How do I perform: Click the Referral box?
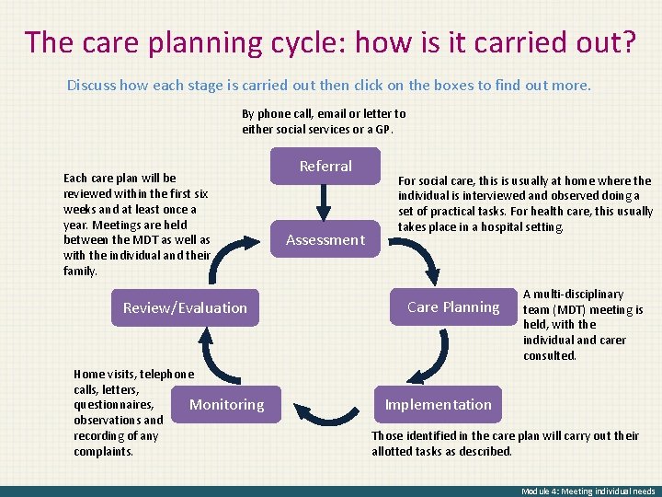pos(325,167)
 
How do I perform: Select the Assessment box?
pos(325,240)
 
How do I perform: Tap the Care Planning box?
pos(453,307)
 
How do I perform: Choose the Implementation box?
pos(439,405)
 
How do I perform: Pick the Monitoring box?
pos(226,405)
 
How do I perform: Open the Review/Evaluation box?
pos(185,308)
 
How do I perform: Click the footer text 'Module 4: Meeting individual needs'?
pos(588,491)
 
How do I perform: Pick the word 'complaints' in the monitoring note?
pos(102,451)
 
